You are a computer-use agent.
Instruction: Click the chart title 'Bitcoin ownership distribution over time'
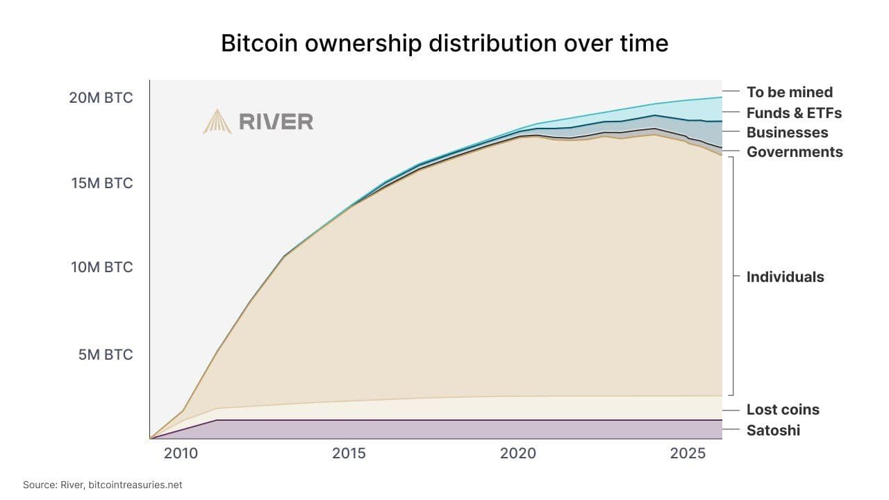(x=444, y=43)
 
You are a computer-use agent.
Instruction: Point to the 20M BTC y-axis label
(x=101, y=98)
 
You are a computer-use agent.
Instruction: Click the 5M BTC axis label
(x=104, y=355)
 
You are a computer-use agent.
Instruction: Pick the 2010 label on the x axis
(x=181, y=453)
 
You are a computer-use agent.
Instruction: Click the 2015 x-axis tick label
(x=349, y=453)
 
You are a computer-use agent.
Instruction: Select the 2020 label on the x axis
(x=517, y=453)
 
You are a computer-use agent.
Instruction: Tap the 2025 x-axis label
(x=688, y=453)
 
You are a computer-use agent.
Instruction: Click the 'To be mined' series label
(x=789, y=92)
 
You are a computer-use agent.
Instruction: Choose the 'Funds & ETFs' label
(x=794, y=112)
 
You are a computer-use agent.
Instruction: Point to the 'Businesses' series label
(x=787, y=132)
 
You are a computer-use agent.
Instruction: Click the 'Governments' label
(x=795, y=151)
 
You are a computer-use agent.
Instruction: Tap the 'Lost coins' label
(x=783, y=410)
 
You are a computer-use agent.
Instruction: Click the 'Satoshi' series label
(x=773, y=431)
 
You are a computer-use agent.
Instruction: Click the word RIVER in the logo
(x=276, y=122)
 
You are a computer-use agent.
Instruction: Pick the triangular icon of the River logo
(x=217, y=122)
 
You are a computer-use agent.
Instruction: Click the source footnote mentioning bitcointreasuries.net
(x=103, y=485)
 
